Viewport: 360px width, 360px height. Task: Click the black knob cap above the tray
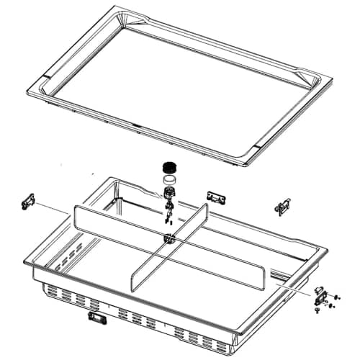171,167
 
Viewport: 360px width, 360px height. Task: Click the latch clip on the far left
28,202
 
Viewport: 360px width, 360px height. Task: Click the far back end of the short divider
205,210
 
